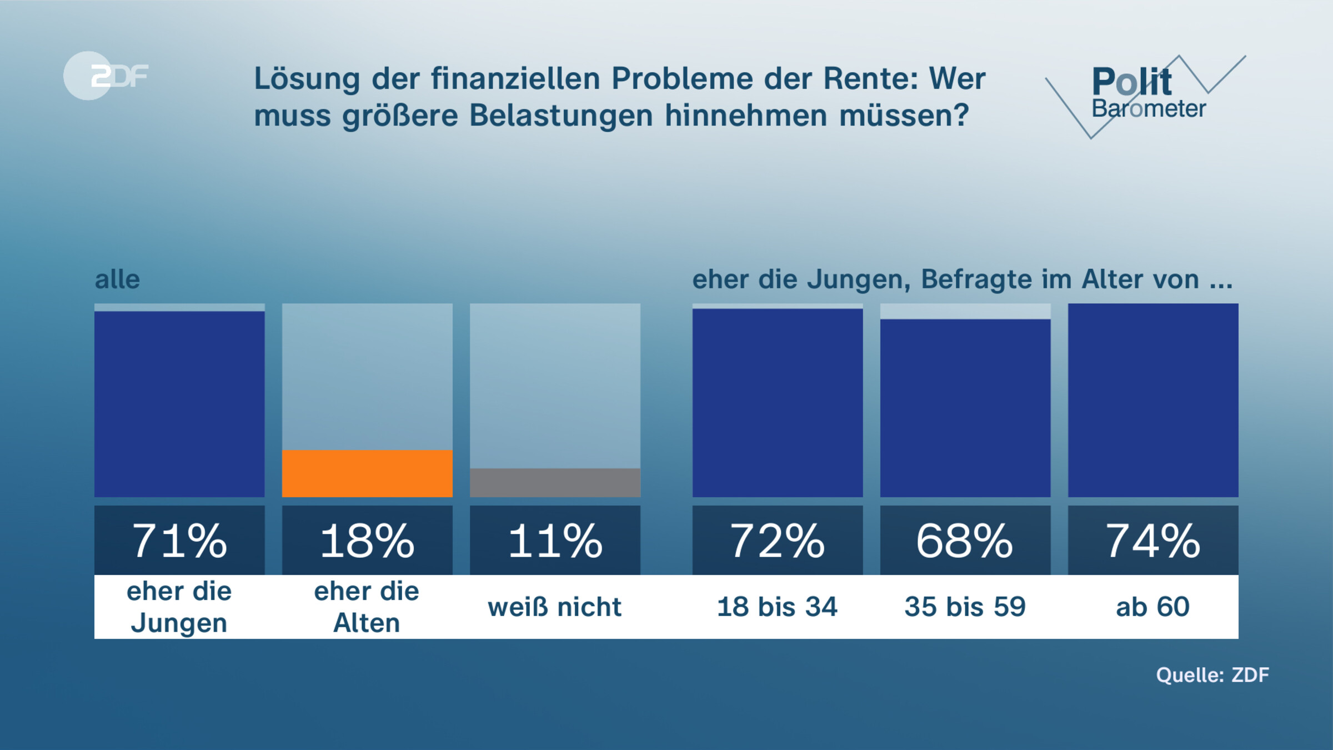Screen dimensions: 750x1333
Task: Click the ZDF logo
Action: pos(106,76)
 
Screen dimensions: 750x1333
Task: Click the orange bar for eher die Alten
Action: pos(367,473)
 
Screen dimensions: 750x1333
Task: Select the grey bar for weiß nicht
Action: pos(555,482)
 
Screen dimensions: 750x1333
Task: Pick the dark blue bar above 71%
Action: pos(179,404)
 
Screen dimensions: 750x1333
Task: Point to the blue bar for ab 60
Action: pos(1153,400)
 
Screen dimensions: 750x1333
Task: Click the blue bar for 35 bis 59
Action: pos(965,408)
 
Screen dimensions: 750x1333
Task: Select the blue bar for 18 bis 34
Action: pos(778,403)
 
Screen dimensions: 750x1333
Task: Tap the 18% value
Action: pos(367,541)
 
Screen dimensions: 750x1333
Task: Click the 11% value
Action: pos(555,541)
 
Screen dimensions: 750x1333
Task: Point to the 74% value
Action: pos(1153,541)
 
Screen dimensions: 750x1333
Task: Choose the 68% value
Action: pos(965,541)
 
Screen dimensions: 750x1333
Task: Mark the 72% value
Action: pos(778,541)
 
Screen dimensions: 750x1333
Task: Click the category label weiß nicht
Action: pos(555,607)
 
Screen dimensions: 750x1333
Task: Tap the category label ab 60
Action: pos(1153,607)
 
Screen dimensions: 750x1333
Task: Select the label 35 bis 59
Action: pos(965,607)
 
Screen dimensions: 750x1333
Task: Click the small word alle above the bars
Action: pos(117,279)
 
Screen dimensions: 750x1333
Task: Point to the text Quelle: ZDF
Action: pos(1212,675)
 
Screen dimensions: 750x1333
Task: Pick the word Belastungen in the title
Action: pos(561,116)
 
